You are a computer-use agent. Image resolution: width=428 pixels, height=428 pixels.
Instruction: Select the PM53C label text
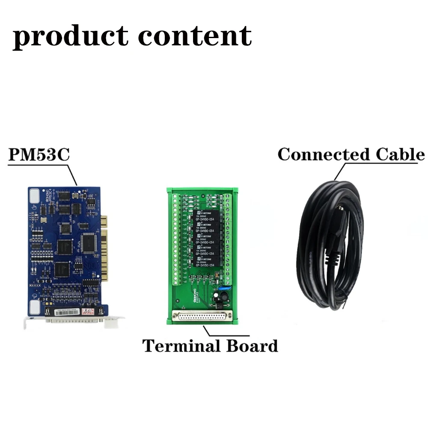38,155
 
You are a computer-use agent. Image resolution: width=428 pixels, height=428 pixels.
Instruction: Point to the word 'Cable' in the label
400,155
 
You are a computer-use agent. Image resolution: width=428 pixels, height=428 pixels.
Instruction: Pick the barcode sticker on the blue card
68,310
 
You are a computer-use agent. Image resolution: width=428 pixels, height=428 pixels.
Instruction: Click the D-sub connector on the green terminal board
201,317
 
